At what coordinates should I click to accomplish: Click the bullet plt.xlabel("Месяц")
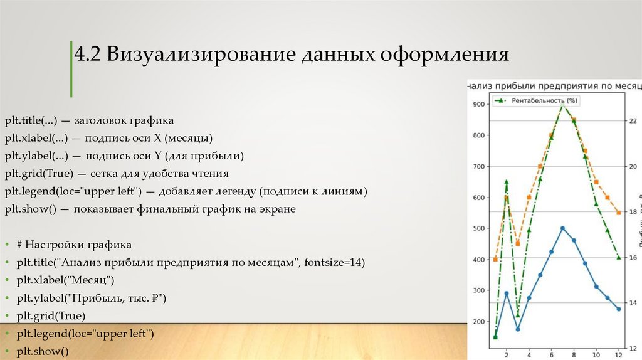click(66, 279)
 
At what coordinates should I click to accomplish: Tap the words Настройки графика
click(78, 244)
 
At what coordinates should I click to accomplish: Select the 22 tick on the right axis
click(633, 120)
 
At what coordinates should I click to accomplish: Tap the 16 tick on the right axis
click(633, 258)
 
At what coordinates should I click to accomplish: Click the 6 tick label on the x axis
click(551, 353)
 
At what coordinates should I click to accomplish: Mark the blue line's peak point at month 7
click(562, 228)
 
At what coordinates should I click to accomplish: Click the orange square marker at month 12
click(619, 213)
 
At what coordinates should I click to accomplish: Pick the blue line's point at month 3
click(518, 329)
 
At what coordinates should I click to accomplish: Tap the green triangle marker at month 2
click(507, 182)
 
